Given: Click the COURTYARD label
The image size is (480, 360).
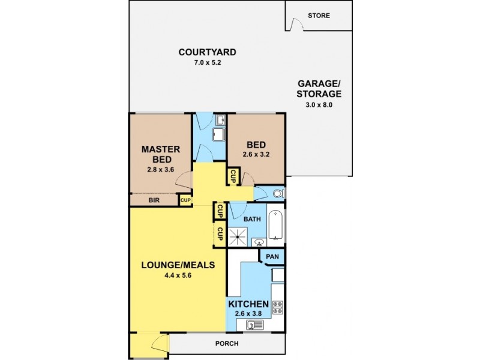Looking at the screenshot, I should [x=207, y=52].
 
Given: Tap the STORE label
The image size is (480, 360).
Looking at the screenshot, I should [x=319, y=16].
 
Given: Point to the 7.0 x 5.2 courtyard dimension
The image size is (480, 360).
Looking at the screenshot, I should [x=207, y=62].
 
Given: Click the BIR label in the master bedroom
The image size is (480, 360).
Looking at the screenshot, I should [x=154, y=200].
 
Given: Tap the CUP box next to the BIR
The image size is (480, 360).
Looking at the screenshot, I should [x=185, y=200].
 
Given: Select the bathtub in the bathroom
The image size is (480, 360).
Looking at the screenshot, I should [x=276, y=225].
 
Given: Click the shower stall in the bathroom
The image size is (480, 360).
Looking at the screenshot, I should [x=238, y=236].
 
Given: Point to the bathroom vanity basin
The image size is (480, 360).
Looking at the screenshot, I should [x=259, y=242].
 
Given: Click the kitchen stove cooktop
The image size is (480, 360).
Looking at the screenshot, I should [x=278, y=307].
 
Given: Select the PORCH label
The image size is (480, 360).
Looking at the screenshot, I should [x=227, y=344].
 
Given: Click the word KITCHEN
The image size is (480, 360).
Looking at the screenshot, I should [x=248, y=304].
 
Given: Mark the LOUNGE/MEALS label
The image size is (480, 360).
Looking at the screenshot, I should [x=178, y=265].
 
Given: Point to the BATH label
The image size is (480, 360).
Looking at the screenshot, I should [x=252, y=219].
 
